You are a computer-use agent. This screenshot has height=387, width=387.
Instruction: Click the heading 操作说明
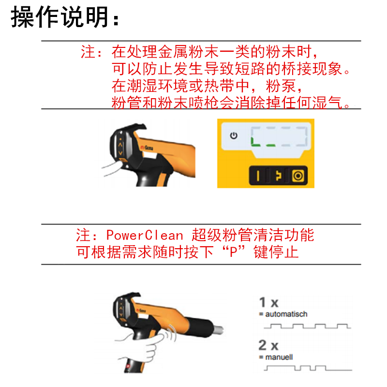(x=60, y=17)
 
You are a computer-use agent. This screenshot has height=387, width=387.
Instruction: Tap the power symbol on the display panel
(x=234, y=135)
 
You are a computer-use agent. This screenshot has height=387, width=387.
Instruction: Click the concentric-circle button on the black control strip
(x=298, y=176)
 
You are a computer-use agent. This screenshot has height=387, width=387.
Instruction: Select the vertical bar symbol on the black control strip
(x=258, y=176)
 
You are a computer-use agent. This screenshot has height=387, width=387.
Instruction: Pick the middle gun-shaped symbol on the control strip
(x=279, y=176)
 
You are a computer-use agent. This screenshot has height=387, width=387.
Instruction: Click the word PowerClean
(x=145, y=235)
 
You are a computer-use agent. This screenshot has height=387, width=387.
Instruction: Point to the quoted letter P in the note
(x=233, y=252)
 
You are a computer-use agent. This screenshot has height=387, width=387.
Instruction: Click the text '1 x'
(x=269, y=303)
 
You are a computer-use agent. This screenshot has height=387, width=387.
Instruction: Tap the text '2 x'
(x=268, y=345)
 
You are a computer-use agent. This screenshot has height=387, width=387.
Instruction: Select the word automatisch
(x=286, y=314)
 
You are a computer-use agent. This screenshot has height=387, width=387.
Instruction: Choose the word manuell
(x=279, y=357)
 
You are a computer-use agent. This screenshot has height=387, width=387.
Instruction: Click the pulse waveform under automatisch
(x=307, y=326)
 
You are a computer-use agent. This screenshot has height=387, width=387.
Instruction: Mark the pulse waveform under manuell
(x=308, y=368)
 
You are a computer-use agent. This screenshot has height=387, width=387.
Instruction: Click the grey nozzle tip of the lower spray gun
(x=219, y=330)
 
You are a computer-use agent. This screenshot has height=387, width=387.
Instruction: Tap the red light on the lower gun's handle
(x=128, y=366)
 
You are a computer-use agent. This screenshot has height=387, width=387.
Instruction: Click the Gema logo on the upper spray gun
(x=147, y=148)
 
